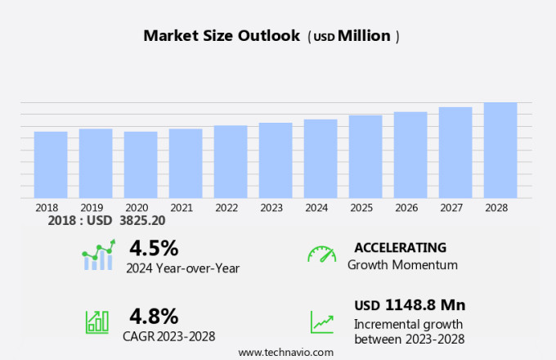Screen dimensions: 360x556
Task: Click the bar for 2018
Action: [51, 164]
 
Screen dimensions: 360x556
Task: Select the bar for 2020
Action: [141, 164]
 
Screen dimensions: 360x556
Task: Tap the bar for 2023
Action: [276, 160]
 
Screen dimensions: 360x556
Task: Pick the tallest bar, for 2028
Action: [500, 150]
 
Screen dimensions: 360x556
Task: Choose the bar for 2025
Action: [365, 156]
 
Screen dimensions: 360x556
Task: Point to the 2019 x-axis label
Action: [92, 208]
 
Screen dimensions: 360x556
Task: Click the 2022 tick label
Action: [226, 208]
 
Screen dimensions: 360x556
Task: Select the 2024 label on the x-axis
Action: [316, 208]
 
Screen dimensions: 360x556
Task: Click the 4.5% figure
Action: [154, 248]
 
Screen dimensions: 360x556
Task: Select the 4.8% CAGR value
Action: [154, 316]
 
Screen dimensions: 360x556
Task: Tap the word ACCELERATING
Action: [400, 248]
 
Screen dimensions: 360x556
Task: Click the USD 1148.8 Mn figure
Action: [410, 305]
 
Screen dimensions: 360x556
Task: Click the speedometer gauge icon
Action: [321, 254]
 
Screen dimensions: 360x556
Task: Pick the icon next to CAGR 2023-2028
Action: [97, 322]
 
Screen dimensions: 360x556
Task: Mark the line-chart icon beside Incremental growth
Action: [321, 322]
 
